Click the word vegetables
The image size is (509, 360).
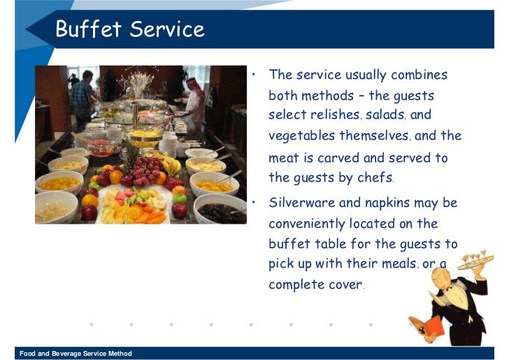tap(301, 136)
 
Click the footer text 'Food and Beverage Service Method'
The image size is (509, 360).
tap(76, 354)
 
